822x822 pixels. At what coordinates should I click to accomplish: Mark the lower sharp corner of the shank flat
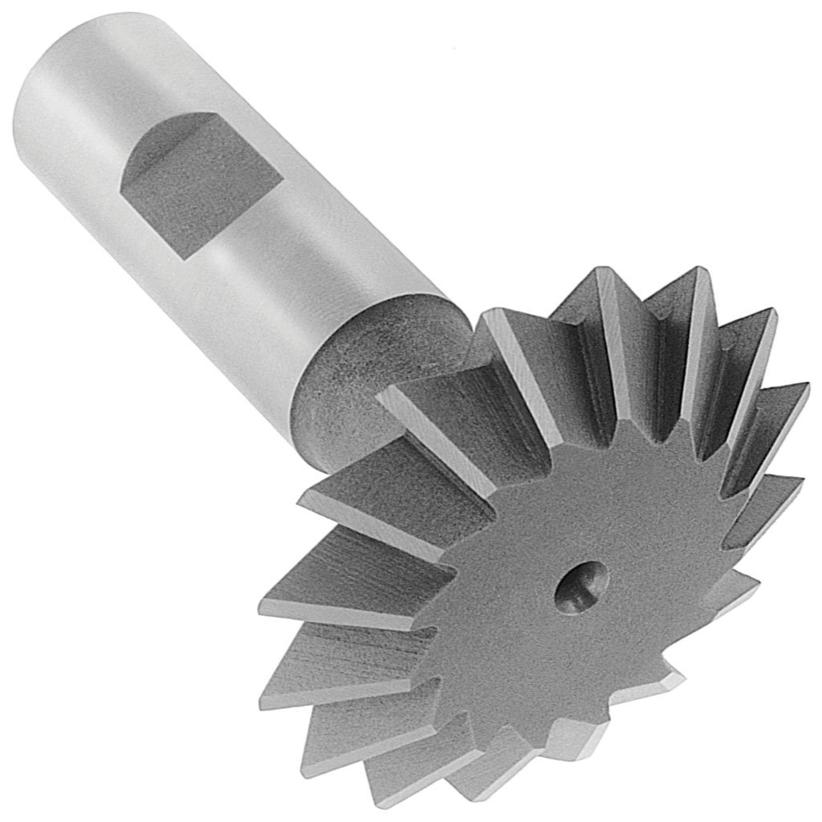click(181, 256)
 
